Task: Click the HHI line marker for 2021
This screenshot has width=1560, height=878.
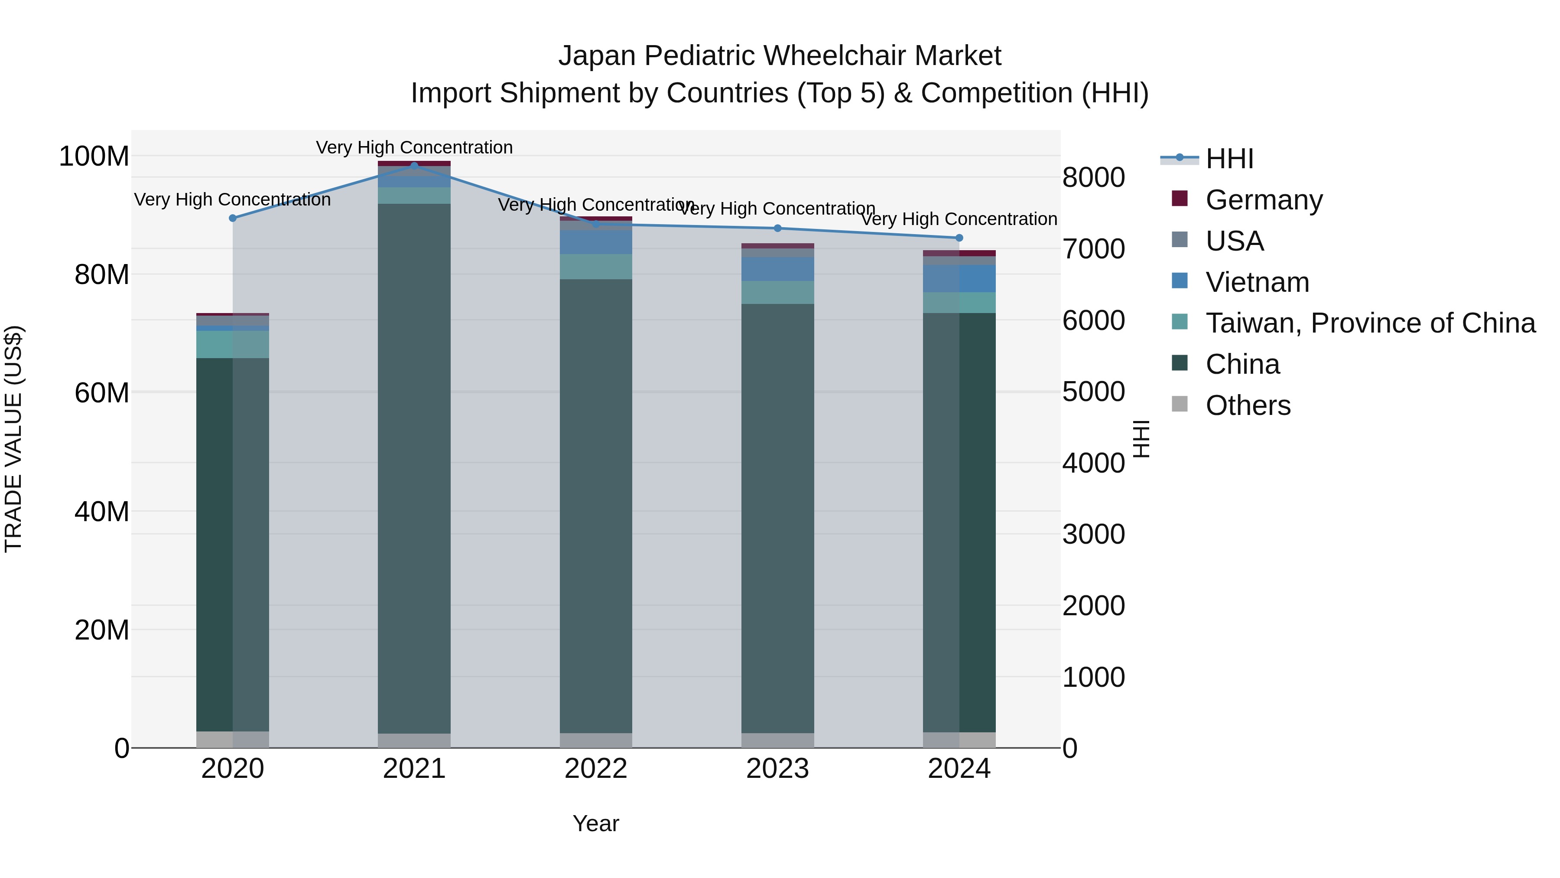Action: (414, 166)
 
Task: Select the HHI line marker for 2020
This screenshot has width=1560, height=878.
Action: (233, 218)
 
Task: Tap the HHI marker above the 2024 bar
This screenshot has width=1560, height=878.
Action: (959, 238)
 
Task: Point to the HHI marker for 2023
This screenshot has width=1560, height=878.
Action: (777, 228)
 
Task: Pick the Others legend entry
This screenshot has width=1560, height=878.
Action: (1248, 405)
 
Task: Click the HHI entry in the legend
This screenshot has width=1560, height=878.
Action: (1229, 159)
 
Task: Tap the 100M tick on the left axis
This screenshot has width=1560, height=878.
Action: (94, 157)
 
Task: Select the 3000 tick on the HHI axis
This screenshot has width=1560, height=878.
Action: (1094, 535)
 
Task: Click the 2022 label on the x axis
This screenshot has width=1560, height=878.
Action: (596, 769)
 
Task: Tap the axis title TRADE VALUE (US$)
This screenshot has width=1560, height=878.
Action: (13, 439)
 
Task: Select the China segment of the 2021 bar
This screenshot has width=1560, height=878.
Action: (414, 467)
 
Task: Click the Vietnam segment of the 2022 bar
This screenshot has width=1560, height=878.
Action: (596, 242)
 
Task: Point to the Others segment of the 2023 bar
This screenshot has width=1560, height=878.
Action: (777, 741)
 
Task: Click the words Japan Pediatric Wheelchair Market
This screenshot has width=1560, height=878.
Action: (780, 56)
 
